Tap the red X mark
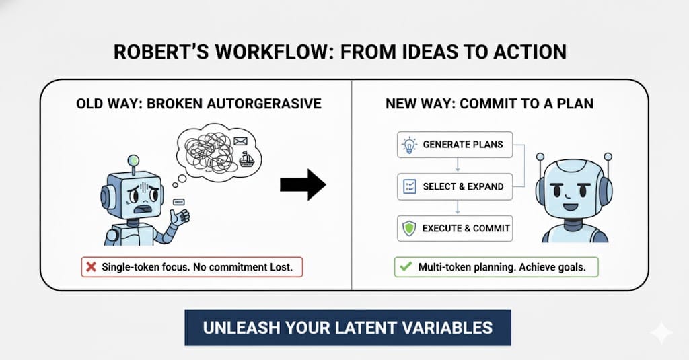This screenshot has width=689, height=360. pyautogui.click(x=92, y=267)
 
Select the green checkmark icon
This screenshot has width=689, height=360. pyautogui.click(x=406, y=266)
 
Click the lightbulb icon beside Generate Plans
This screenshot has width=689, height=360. pyautogui.click(x=409, y=145)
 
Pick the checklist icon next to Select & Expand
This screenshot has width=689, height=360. pyautogui.click(x=410, y=186)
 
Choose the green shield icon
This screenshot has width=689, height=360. pyautogui.click(x=409, y=229)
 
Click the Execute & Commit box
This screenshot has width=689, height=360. pyautogui.click(x=455, y=229)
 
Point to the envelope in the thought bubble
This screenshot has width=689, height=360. pyautogui.click(x=240, y=141)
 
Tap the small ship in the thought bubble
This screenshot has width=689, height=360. pyautogui.click(x=246, y=159)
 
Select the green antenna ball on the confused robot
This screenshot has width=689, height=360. pyautogui.click(x=133, y=161)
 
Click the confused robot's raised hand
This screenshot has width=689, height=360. pyautogui.click(x=180, y=216)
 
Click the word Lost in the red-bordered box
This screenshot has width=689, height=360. pyautogui.click(x=281, y=267)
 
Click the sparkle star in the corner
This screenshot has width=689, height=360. pyautogui.click(x=661, y=333)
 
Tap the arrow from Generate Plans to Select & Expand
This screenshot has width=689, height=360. pyautogui.click(x=458, y=165)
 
